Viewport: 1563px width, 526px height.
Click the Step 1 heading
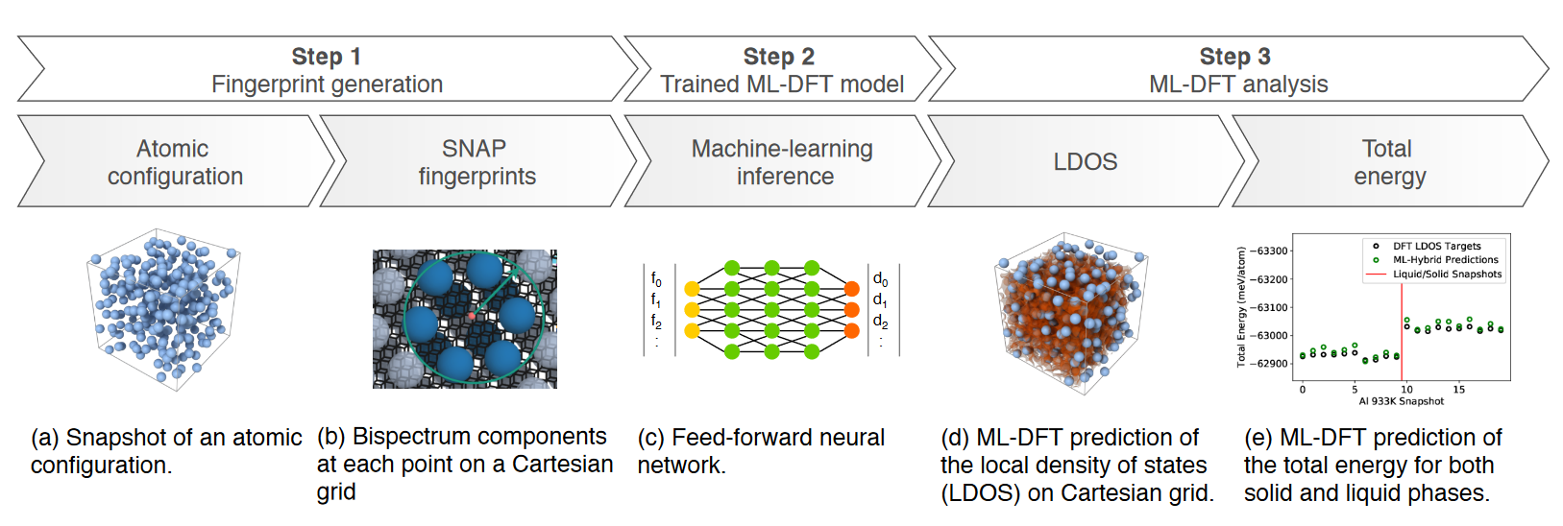[x=327, y=57]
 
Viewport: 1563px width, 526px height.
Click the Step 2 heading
[x=779, y=57]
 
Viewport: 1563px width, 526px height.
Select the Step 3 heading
[x=1235, y=57]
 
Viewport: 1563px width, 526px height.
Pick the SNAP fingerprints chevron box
[x=476, y=162]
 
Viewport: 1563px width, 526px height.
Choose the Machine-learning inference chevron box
[x=783, y=162]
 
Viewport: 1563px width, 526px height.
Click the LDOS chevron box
[x=1086, y=162]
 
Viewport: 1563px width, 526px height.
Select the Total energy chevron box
[x=1388, y=162]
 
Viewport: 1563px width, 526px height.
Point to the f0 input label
[x=656, y=279]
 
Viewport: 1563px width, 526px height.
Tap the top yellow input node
[x=692, y=288]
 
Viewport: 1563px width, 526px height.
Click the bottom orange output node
[x=851, y=331]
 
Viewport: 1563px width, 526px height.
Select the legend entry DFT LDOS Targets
[x=1436, y=247]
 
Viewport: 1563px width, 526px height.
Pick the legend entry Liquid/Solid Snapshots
[x=1447, y=275]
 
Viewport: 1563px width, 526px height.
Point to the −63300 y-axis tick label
[x=1272, y=251]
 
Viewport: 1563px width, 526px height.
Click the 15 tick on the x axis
[x=1458, y=390]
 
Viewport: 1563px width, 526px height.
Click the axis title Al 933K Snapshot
[x=1401, y=401]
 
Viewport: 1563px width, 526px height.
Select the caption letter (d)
[x=955, y=438]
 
